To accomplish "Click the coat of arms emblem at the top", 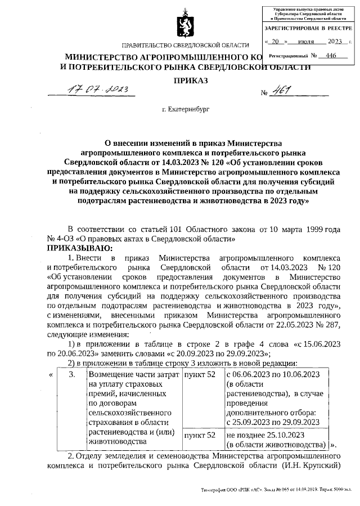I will click(185, 25).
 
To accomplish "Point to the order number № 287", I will click(323, 325).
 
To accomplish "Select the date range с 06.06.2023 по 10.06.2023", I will click(273, 374).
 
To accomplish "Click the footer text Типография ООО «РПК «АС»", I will click(227, 490).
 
